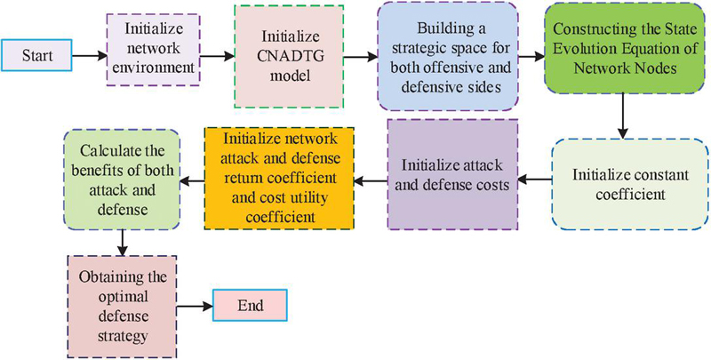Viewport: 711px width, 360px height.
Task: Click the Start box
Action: pos(36,57)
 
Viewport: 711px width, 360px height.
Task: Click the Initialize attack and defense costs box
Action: pos(453,174)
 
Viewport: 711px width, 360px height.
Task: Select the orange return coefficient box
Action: pos(279,178)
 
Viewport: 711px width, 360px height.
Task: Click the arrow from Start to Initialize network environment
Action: pos(87,57)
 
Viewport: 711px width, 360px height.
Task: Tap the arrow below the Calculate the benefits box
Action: pos(121,241)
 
